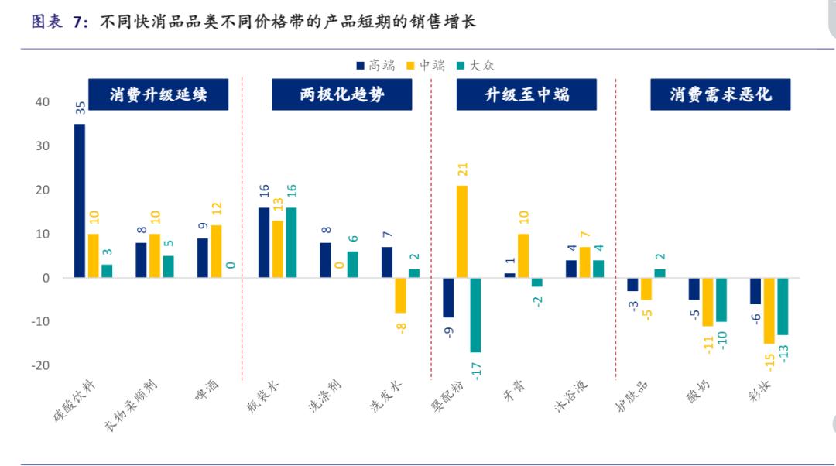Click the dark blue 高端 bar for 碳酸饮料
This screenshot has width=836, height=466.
click(x=80, y=200)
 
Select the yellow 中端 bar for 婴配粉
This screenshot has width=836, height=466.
click(x=462, y=231)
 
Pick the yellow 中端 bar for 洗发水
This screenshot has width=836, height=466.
click(x=400, y=295)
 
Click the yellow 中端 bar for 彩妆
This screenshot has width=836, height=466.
click(x=769, y=310)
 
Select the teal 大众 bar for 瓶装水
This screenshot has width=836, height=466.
click(x=291, y=242)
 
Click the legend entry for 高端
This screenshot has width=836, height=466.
click(x=375, y=66)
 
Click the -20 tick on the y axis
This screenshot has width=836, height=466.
click(x=39, y=365)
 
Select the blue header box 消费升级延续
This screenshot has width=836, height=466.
click(x=158, y=95)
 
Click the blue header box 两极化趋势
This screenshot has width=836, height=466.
click(x=342, y=95)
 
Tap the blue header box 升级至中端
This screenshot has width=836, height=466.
click(x=526, y=95)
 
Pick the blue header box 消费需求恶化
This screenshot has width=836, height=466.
click(x=720, y=95)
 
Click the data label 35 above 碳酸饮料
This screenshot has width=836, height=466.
click(x=80, y=108)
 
